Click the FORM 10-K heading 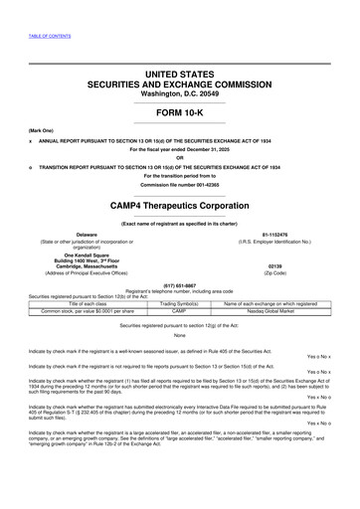point(180,113)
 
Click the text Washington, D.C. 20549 point(180,92)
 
